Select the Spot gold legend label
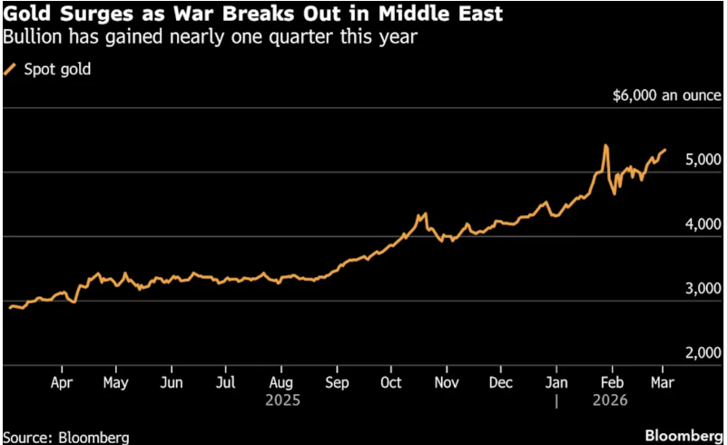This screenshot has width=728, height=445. [57, 69]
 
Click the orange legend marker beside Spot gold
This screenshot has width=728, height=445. [12, 69]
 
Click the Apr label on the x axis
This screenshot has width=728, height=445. [61, 383]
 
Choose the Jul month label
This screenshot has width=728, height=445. [227, 383]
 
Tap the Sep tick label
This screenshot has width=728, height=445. [338, 383]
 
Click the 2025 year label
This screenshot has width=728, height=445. [281, 400]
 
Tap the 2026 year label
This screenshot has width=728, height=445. [610, 400]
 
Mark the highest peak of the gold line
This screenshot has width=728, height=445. [605, 145]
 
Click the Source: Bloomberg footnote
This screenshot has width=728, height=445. [65, 437]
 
